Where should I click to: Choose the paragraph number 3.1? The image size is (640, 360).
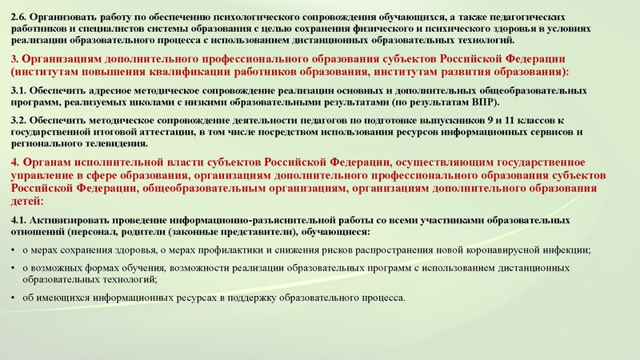(22, 93)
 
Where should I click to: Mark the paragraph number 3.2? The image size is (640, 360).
(22, 120)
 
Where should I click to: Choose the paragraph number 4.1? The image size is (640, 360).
(22, 220)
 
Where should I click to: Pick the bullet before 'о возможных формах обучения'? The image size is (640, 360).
(14, 268)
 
